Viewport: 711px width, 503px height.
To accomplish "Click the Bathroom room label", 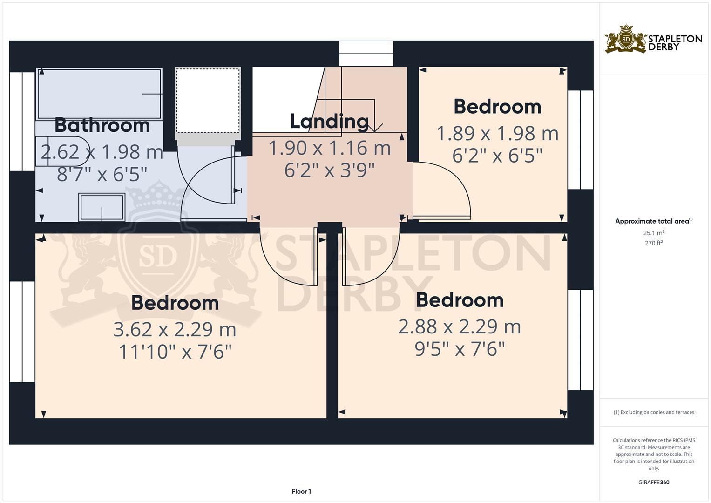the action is pyautogui.click(x=102, y=125).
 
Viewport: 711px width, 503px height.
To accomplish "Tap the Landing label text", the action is pyautogui.click(x=330, y=122).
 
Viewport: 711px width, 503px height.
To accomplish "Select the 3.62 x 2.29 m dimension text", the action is pyautogui.click(x=175, y=329).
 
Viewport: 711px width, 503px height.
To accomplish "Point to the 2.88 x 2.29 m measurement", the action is pyautogui.click(x=460, y=327).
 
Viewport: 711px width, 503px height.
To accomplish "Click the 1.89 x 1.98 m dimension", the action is pyautogui.click(x=497, y=133).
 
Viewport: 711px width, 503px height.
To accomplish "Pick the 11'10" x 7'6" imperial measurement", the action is pyautogui.click(x=175, y=352).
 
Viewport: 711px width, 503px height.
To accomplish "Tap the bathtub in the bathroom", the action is pyautogui.click(x=99, y=94).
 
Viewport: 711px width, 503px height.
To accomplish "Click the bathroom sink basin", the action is pyautogui.click(x=102, y=207).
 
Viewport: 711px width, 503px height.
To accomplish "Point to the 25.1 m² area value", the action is pyautogui.click(x=654, y=233).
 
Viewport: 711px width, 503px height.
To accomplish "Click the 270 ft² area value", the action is pyautogui.click(x=654, y=243).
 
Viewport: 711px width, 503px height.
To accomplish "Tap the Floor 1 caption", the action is pyautogui.click(x=301, y=491).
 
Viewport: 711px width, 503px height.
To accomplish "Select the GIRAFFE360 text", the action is pyautogui.click(x=654, y=482).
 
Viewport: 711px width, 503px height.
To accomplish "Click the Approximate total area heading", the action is pyautogui.click(x=654, y=221).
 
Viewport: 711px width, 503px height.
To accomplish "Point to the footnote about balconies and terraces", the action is pyautogui.click(x=654, y=412).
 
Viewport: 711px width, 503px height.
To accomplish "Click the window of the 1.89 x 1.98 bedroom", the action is pyautogui.click(x=581, y=140).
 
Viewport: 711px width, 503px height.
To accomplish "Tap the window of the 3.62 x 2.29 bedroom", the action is pyautogui.click(x=22, y=332).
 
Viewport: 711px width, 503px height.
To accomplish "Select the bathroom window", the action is pyautogui.click(x=22, y=122).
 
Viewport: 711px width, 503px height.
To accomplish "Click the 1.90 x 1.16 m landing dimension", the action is pyautogui.click(x=330, y=148).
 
